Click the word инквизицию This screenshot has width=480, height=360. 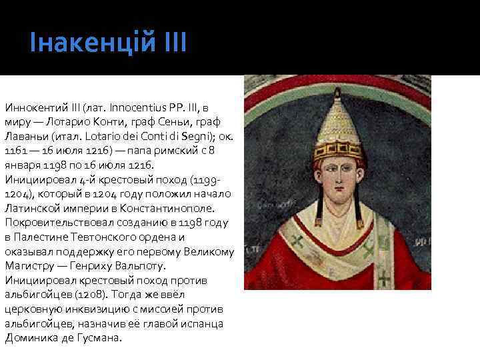point(81,309)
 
